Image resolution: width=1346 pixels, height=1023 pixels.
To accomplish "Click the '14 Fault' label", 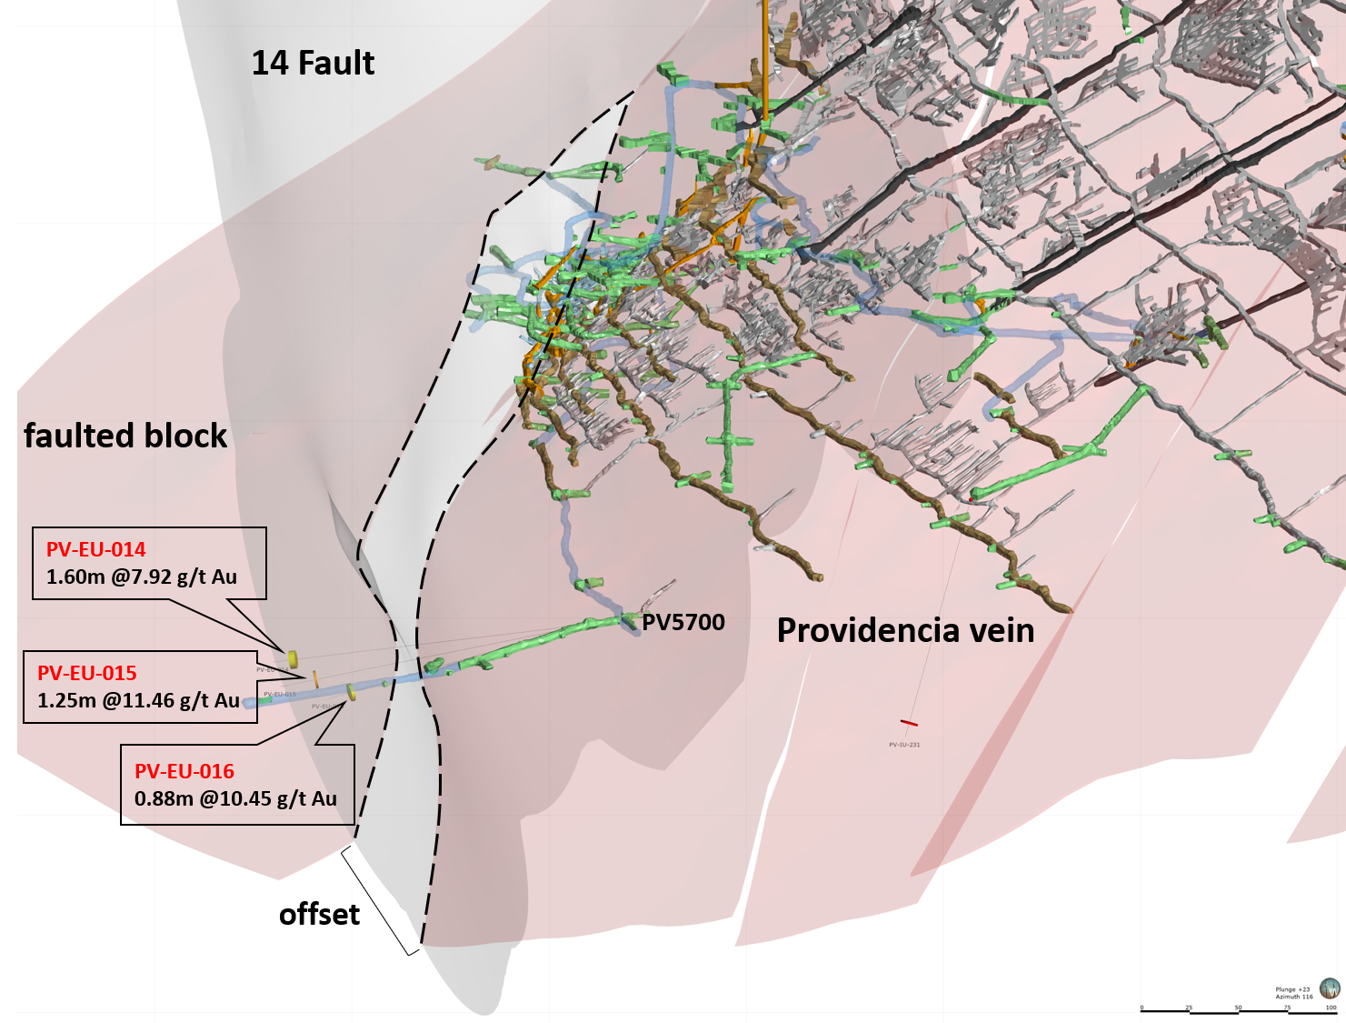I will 313,63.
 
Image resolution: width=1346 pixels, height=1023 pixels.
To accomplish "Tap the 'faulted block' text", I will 125,436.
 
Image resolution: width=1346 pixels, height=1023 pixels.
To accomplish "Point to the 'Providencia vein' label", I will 905,630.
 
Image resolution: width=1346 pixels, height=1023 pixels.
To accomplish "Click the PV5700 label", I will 683,623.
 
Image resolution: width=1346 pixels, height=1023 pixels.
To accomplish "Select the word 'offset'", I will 319,914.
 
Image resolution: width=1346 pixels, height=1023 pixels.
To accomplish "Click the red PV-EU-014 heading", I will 95,549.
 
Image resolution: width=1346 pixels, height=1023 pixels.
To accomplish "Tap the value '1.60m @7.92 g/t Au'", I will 142,577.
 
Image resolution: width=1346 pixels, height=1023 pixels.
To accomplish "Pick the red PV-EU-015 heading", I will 86,673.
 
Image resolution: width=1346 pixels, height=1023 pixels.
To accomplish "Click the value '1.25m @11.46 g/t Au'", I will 138,700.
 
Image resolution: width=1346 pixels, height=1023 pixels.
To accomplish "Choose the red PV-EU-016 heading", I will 184,771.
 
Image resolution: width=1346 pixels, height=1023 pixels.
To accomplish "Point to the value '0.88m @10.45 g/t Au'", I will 235,798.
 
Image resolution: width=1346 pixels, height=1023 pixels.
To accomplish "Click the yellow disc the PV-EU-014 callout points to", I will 293,658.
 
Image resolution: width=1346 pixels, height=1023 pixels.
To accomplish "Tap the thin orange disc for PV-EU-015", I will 315,678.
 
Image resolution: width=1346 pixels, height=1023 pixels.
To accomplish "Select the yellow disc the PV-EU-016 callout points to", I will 351,693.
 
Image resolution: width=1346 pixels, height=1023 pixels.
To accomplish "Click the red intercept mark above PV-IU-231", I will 909,723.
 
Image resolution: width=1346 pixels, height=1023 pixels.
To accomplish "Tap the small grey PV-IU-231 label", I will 904,745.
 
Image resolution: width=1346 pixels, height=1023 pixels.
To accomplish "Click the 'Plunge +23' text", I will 1292,989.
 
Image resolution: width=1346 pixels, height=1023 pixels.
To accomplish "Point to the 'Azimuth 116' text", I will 1294,997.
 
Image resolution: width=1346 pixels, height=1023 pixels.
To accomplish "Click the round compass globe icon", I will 1330,988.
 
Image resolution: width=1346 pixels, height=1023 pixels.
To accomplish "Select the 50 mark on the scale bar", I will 1238,1008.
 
